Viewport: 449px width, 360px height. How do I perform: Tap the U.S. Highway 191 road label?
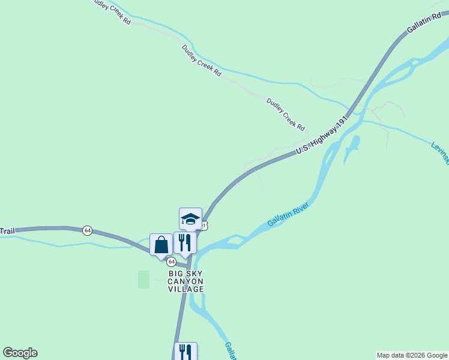click(x=322, y=134)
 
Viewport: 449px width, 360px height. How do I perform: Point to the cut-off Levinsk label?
click(x=439, y=153)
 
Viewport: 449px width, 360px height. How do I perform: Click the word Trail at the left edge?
click(x=7, y=231)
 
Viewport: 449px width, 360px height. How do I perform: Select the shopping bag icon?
click(x=161, y=244)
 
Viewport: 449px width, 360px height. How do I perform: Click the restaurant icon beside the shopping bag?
click(x=185, y=242)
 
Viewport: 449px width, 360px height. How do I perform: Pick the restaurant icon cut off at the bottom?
click(x=185, y=351)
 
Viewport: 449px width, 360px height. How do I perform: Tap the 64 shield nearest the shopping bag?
click(x=172, y=262)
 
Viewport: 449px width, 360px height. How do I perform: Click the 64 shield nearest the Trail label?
click(x=88, y=230)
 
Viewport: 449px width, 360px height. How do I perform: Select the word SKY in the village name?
click(x=196, y=274)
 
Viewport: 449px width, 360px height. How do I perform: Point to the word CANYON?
click(x=185, y=281)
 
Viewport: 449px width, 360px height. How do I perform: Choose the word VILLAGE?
click(x=185, y=289)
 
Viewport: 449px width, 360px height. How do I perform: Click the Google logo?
click(x=20, y=353)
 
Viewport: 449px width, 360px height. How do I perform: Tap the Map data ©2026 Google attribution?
click(x=412, y=355)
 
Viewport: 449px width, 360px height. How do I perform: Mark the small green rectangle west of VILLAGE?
click(x=143, y=279)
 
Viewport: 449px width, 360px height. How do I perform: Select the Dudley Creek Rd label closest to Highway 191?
click(x=286, y=115)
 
